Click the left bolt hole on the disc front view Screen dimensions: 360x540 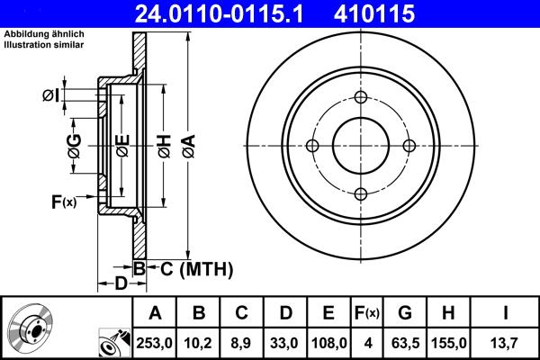[313, 146]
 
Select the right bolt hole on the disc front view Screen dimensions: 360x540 [409, 146]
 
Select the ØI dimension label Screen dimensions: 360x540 [50, 94]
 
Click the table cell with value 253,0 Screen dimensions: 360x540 [155, 343]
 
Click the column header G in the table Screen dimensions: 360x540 [405, 313]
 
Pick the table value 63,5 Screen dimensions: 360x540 [405, 343]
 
